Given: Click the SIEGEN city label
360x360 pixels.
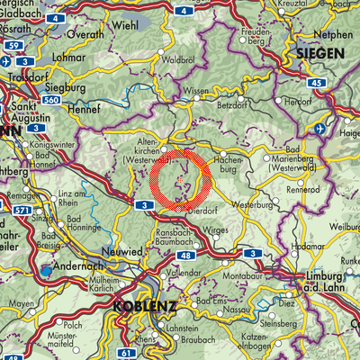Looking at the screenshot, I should pyautogui.click(x=321, y=55).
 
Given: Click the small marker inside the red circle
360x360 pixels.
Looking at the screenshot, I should pyautogui.click(x=181, y=182).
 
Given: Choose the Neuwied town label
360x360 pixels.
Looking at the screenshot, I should pyautogui.click(x=119, y=252).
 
